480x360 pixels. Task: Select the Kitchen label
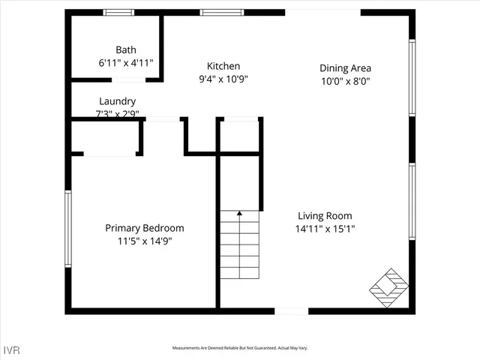[223, 66]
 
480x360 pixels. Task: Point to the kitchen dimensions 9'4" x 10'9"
[223, 79]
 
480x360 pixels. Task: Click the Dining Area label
[346, 68]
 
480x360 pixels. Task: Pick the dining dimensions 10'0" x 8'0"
[346, 81]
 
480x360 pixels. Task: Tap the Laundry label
[118, 101]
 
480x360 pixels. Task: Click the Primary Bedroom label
[144, 228]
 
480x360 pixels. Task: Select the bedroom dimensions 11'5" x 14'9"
[144, 241]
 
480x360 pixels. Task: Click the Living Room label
[325, 216]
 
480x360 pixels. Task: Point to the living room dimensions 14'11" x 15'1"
[325, 229]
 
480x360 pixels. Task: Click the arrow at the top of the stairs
[239, 214]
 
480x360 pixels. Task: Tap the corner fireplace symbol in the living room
[389, 286]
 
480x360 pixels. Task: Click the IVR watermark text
[13, 349]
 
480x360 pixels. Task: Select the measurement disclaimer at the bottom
[240, 348]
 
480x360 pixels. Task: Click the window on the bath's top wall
[118, 12]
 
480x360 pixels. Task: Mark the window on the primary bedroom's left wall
[67, 229]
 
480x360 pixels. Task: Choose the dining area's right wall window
[411, 78]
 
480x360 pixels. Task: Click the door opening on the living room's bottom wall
[291, 310]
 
